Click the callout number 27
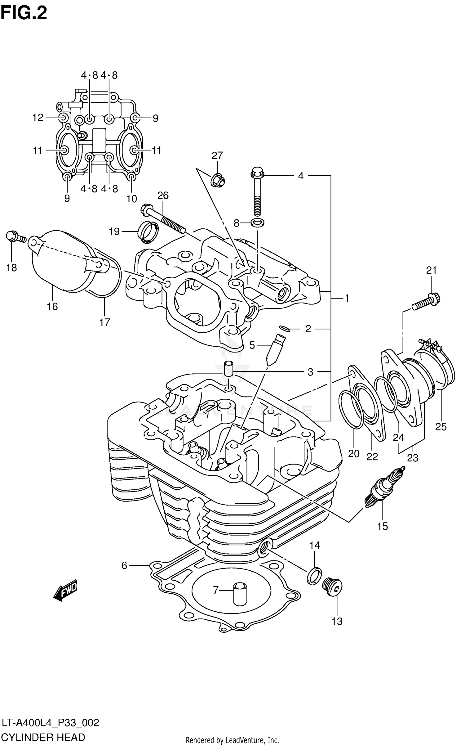click(x=217, y=155)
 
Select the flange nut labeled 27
click(x=218, y=180)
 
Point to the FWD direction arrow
click(x=65, y=590)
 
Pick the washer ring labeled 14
click(x=315, y=576)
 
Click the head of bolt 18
click(x=11, y=236)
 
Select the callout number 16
click(x=52, y=307)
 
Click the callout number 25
click(x=441, y=427)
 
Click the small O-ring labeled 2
click(x=285, y=329)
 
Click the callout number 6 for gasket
click(x=124, y=566)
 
